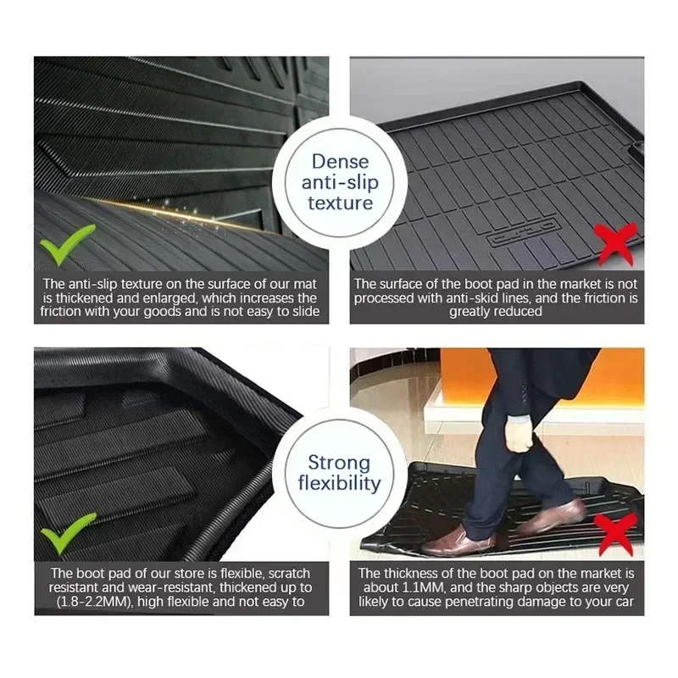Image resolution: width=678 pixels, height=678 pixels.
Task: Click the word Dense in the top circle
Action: click(341, 162)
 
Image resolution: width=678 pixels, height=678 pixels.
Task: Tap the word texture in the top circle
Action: click(341, 203)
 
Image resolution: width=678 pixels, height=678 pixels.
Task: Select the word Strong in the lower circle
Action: click(340, 463)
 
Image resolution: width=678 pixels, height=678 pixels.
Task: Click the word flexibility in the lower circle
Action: click(340, 483)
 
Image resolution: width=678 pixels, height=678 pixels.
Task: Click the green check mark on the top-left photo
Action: click(66, 244)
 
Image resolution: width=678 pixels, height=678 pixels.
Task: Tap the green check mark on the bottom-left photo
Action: click(68, 533)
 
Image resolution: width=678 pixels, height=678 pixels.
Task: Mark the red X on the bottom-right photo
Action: click(616, 535)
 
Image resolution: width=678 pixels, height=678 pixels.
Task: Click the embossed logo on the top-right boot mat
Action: click(524, 231)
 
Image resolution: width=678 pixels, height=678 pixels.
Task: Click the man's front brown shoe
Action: click(459, 542)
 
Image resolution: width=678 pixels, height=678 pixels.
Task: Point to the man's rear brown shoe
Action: click(552, 516)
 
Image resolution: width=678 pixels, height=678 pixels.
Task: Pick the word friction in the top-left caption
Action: click(60, 311)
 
